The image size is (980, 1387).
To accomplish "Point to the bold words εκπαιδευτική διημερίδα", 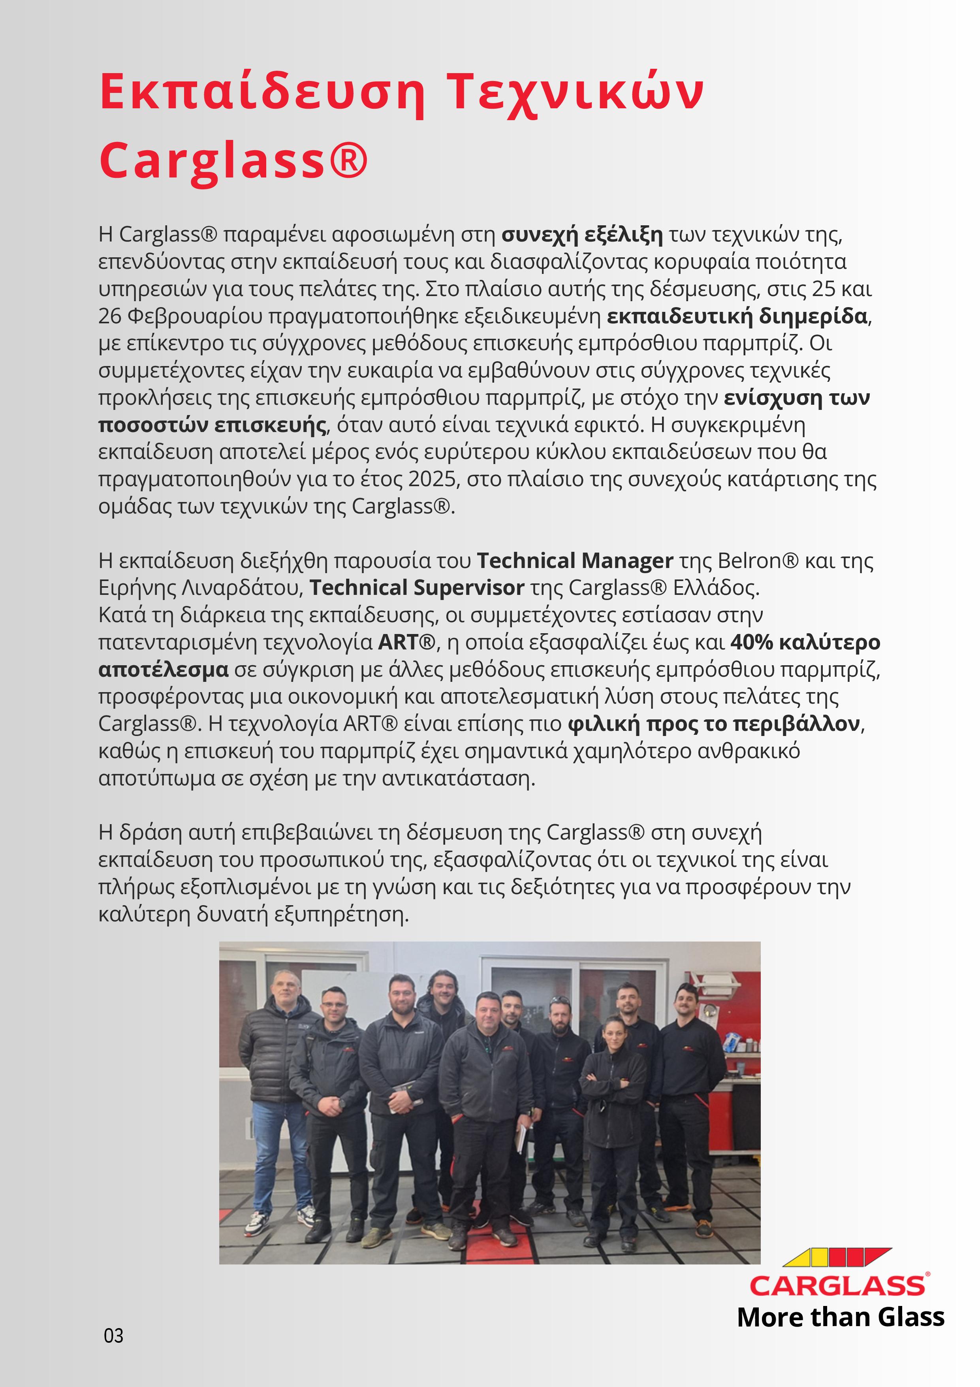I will click(737, 316).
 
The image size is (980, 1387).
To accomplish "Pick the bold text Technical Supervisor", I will click(417, 587).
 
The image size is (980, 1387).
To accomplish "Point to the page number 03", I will click(113, 1335).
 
